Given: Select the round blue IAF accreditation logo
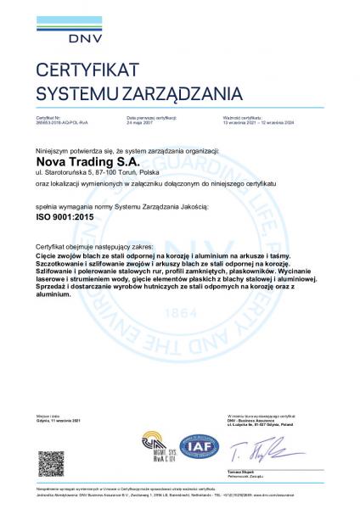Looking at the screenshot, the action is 198,444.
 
